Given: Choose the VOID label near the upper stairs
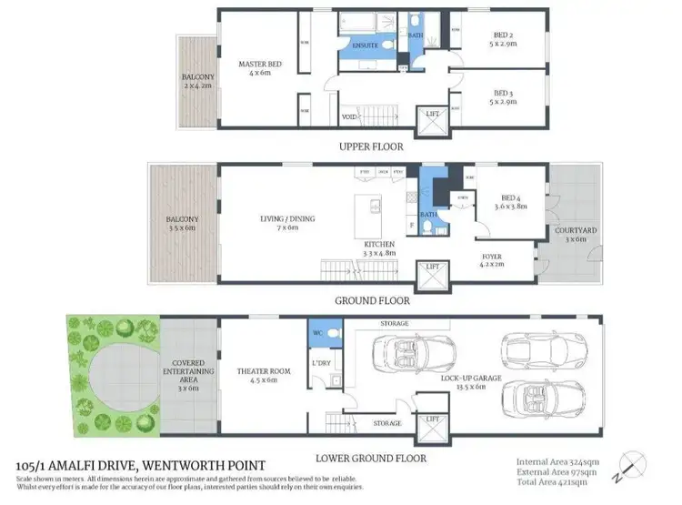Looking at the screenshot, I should [x=348, y=117].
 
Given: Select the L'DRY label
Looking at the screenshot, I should [x=320, y=365].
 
